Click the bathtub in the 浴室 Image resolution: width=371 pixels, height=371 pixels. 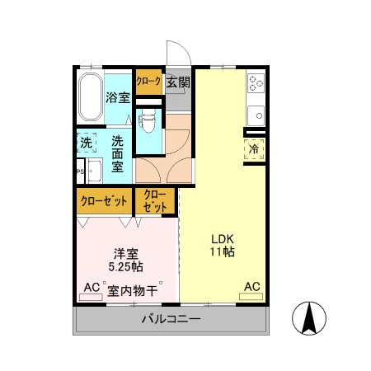(x=90, y=96)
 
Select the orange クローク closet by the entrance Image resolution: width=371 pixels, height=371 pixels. (x=148, y=82)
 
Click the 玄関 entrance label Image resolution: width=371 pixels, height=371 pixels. (x=178, y=82)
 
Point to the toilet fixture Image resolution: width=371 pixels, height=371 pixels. (x=148, y=120)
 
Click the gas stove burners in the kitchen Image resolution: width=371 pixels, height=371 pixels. (x=256, y=83)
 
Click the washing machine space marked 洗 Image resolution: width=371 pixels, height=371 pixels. (x=87, y=142)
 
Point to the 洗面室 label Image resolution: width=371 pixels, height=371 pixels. (x=119, y=153)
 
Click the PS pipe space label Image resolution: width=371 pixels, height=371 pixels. (x=79, y=172)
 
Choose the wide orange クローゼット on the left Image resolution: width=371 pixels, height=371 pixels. (x=103, y=200)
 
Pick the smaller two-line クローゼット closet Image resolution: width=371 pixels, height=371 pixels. (x=155, y=200)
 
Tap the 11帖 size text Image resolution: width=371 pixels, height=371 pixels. (x=222, y=252)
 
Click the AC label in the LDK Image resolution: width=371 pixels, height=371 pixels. (x=251, y=287)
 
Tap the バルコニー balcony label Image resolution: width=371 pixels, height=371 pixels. (x=171, y=318)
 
